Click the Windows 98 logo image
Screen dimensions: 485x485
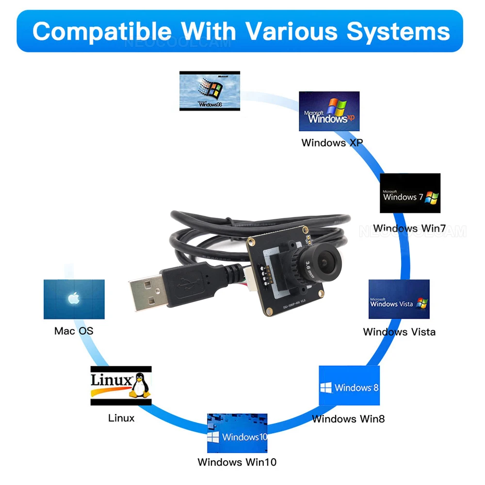(x=210, y=91)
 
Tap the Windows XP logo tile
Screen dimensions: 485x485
(x=329, y=111)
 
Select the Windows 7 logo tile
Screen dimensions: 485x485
(x=410, y=193)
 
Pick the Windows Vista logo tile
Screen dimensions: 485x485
(x=399, y=299)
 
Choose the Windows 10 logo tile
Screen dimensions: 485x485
(x=237, y=433)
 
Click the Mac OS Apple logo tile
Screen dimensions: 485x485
(x=74, y=299)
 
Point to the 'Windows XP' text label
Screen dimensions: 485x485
(x=332, y=143)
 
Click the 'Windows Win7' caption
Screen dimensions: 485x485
(x=409, y=228)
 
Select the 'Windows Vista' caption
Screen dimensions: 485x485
(x=399, y=332)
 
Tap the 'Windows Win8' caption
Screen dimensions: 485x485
(x=348, y=419)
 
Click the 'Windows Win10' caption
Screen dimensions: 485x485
(x=237, y=462)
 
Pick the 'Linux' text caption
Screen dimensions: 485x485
(x=121, y=418)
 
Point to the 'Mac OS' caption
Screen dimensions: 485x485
(x=74, y=331)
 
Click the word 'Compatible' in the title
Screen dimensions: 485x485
(x=102, y=31)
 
